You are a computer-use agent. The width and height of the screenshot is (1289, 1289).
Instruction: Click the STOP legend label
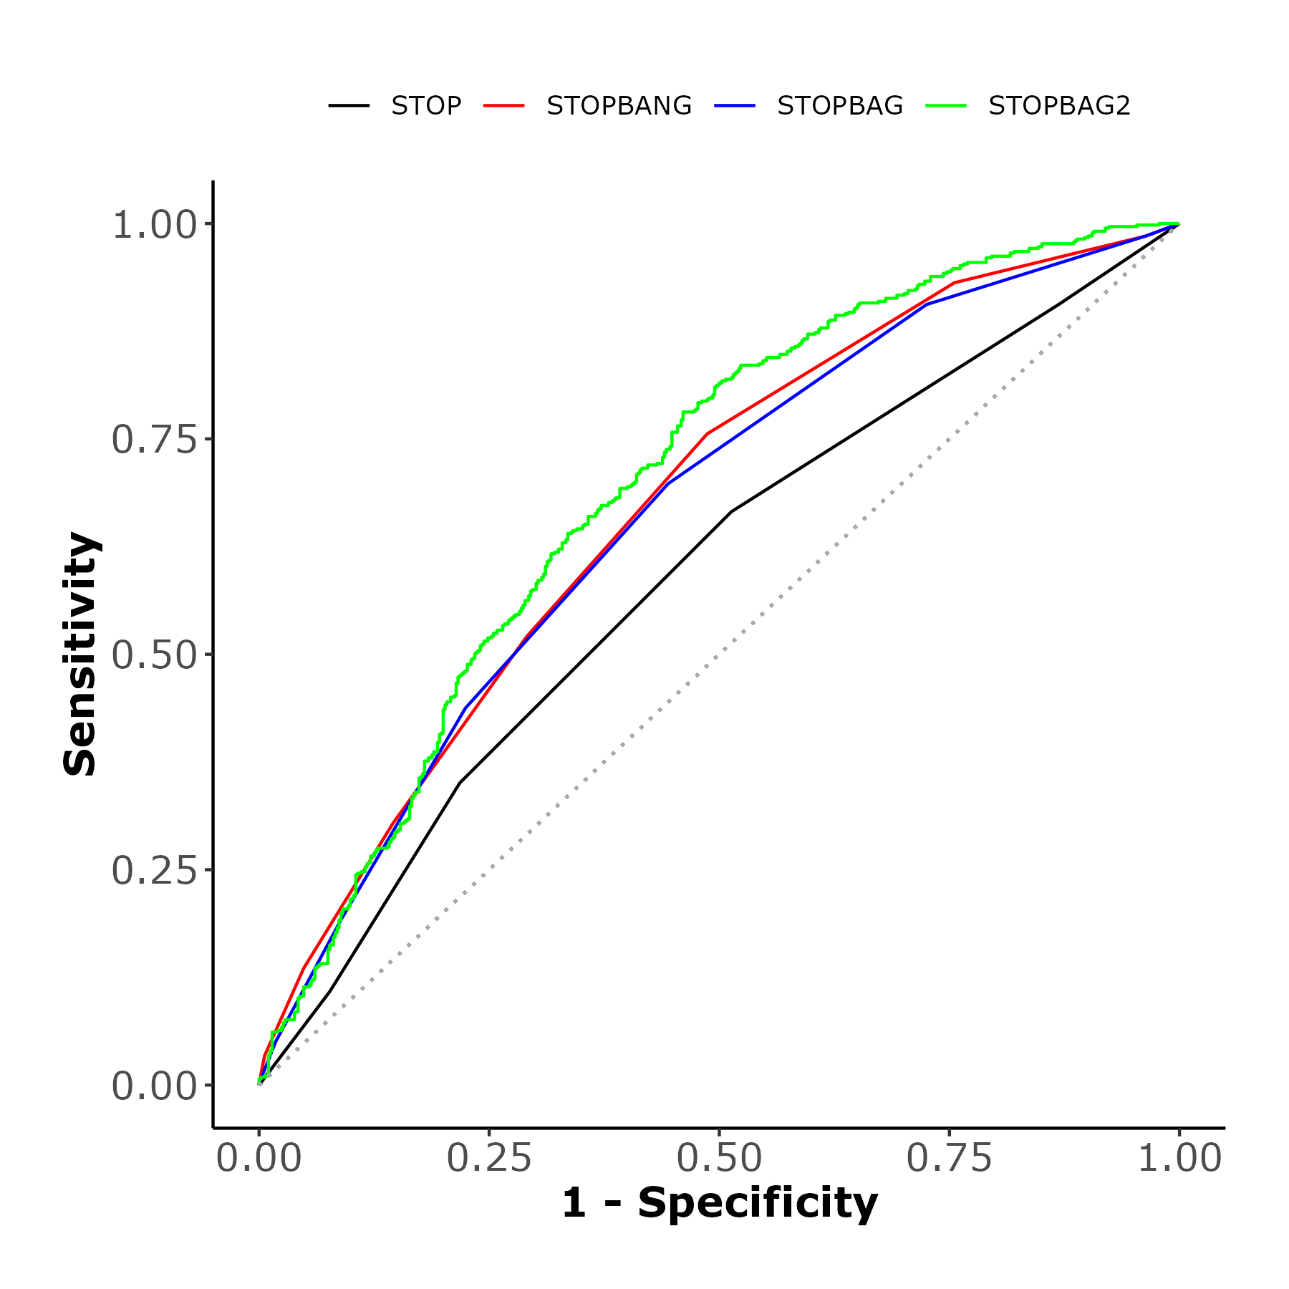[425, 106]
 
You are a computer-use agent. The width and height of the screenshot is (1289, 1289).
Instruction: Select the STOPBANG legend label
[619, 106]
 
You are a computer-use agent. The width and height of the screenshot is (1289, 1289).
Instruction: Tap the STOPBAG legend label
[839, 106]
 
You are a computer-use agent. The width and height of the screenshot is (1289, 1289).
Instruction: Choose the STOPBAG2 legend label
[1058, 106]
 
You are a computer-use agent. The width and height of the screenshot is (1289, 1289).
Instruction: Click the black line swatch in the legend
[349, 106]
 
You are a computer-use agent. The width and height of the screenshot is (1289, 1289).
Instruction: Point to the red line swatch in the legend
[504, 106]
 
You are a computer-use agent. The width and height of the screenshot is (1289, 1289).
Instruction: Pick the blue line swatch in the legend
[735, 106]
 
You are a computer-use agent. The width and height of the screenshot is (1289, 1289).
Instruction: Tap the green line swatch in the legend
[946, 106]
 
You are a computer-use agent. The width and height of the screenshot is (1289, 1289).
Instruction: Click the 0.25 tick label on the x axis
[489, 1158]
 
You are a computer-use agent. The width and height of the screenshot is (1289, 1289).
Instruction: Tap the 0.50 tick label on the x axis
[719, 1158]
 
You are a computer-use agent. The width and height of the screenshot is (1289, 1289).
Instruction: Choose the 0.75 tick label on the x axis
[949, 1158]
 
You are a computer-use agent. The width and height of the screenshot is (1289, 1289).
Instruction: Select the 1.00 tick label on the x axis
[1179, 1158]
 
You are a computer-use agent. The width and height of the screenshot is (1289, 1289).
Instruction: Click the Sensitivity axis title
[80, 654]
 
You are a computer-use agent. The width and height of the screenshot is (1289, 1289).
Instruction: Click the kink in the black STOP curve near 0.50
[731, 511]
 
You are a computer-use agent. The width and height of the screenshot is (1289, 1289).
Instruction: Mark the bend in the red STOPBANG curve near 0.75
[955, 283]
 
